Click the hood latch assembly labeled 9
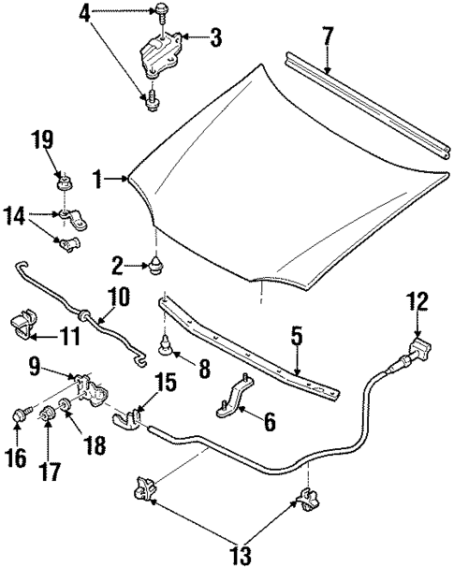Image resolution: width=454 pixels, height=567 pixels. (95, 390)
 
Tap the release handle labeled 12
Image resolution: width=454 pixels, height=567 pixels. (417, 353)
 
